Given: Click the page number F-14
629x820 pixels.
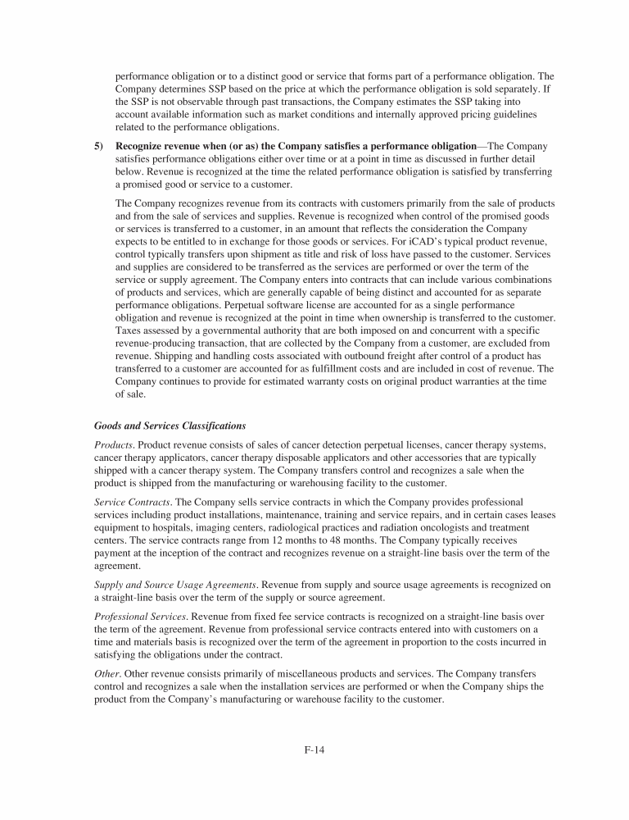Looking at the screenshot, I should point(314,750).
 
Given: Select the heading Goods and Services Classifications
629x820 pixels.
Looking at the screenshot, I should point(170,425).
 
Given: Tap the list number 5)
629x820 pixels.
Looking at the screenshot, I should point(98,146).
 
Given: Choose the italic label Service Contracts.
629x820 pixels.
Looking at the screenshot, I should point(132,500).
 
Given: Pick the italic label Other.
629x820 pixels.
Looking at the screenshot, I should point(107,672).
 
